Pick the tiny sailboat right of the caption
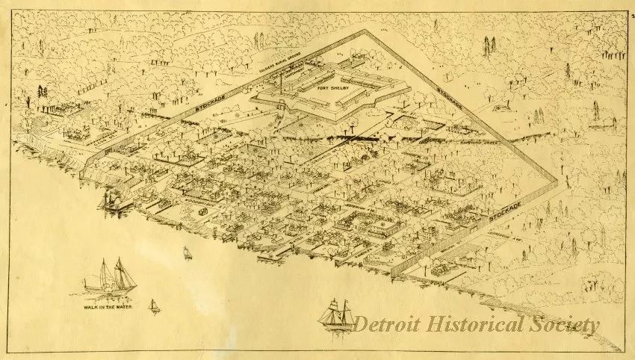click(x=154, y=305)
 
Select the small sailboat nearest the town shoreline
click(x=188, y=252)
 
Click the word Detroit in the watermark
click(x=390, y=324)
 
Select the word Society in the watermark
click(x=569, y=324)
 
